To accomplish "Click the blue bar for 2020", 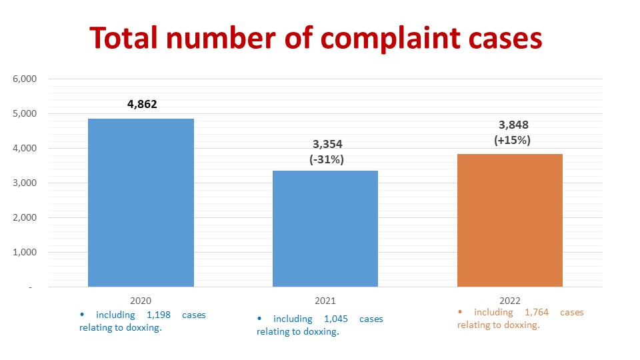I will pyautogui.click(x=141, y=203).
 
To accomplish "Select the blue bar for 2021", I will pyautogui.click(x=325, y=229).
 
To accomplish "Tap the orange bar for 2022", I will pyautogui.click(x=510, y=220).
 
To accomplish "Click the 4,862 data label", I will pyautogui.click(x=141, y=104).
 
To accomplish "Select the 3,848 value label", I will pyautogui.click(x=513, y=125).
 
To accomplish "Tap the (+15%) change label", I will pyautogui.click(x=513, y=140).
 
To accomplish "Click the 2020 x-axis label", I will pyautogui.click(x=141, y=301).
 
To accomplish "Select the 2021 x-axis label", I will pyautogui.click(x=325, y=301).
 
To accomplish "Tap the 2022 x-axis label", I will pyautogui.click(x=510, y=301).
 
